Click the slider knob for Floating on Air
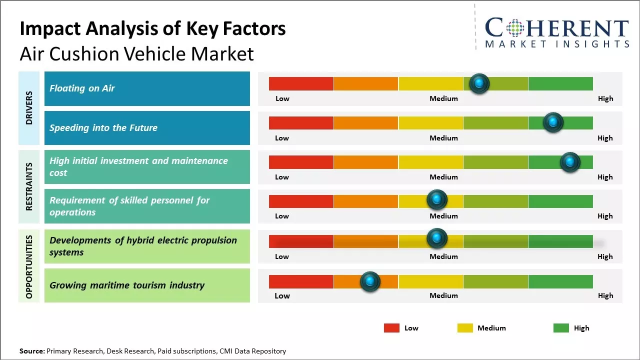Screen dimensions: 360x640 tap(479, 83)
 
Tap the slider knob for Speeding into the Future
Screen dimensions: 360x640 tap(553, 122)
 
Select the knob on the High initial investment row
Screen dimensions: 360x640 tap(569, 162)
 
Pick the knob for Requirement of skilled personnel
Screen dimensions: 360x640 tap(437, 200)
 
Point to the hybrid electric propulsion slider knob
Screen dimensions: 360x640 tap(437, 238)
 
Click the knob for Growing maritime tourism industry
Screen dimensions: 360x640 tap(370, 281)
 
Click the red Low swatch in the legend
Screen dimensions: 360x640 tap(391, 328)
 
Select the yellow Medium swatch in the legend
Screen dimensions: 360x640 tap(465, 328)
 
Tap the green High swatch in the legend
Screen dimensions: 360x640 tap(561, 328)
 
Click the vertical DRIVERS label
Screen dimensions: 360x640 tap(29, 107)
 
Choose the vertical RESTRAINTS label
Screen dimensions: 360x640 tap(29, 186)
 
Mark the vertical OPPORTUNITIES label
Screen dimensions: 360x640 tap(29, 266)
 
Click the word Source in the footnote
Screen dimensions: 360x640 tap(31, 351)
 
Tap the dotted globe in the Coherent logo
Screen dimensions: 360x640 tap(515, 28)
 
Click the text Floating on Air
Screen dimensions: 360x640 tap(82, 88)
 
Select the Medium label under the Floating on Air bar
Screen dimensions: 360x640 tap(443, 98)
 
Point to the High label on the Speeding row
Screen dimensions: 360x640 tap(605, 138)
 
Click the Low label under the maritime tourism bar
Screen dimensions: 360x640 tap(282, 295)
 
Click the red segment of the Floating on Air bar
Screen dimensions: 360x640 tap(301, 83)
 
